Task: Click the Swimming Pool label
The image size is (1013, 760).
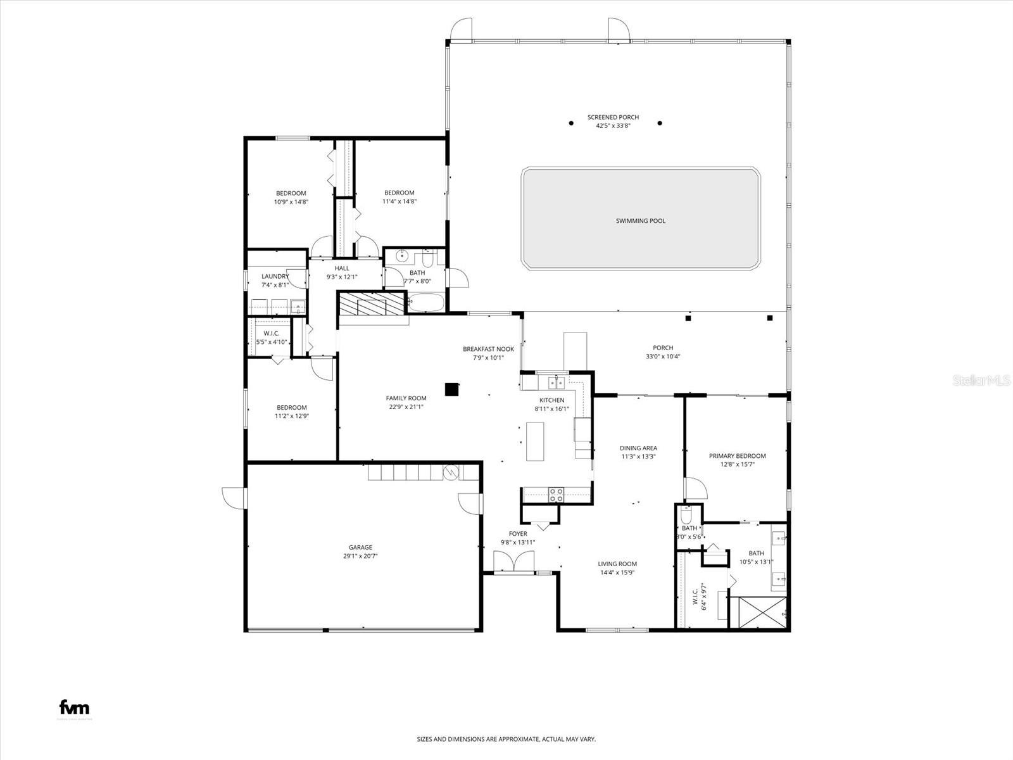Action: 640,221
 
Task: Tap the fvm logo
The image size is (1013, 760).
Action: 74,708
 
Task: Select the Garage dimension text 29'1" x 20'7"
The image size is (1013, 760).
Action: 360,556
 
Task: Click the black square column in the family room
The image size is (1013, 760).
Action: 451,389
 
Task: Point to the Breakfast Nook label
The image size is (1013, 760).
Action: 488,349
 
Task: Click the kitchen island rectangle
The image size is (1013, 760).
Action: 535,441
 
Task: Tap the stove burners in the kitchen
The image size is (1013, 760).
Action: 556,495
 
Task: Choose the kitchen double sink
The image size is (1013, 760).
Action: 557,383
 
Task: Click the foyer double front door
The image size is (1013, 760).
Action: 513,562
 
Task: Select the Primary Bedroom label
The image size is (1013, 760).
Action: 737,456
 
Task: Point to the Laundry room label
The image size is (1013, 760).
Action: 275,276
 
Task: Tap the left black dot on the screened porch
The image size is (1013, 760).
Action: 571,123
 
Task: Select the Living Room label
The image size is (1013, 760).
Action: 617,564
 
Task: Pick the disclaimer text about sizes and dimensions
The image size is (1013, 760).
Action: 506,739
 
